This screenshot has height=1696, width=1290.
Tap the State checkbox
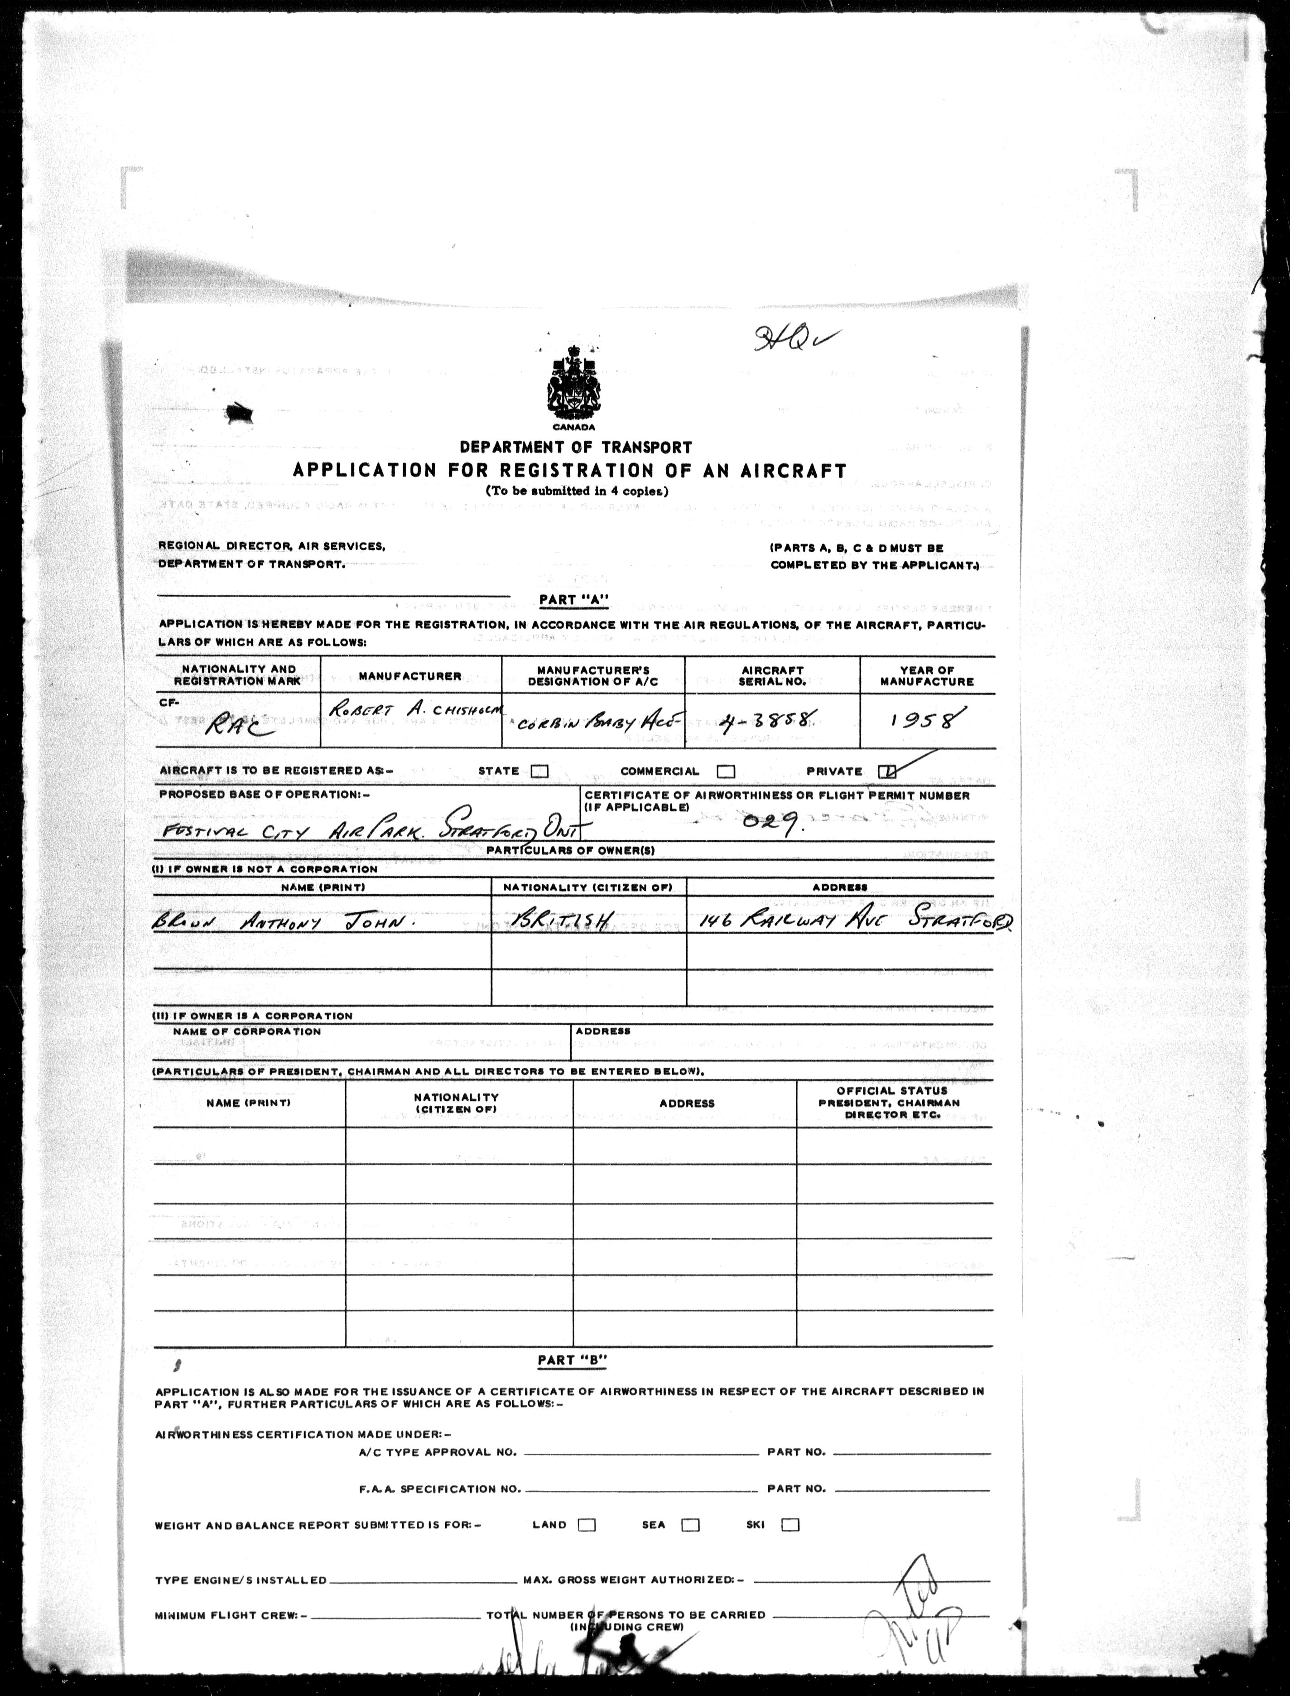(x=540, y=771)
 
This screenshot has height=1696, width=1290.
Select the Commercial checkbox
(x=726, y=771)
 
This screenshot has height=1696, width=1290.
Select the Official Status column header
(x=894, y=1103)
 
